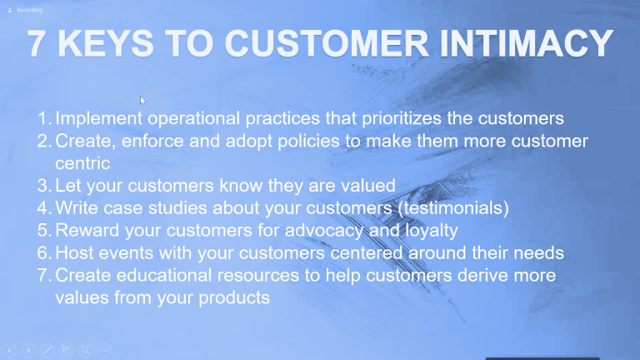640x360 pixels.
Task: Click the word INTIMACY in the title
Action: coord(527,43)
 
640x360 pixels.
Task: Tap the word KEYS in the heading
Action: coord(106,43)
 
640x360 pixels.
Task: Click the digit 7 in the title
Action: coord(36,43)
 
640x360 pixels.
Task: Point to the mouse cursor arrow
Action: coord(142,100)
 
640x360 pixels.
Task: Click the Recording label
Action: coord(29,10)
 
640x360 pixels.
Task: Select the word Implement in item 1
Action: coord(99,119)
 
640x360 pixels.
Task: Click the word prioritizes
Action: coord(402,119)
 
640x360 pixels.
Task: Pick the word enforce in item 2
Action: coord(152,141)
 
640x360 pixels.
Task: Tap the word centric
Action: coord(82,163)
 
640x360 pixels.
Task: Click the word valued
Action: coord(368,186)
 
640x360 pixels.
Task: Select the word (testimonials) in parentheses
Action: coord(453,208)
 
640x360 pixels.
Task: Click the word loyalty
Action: coord(432,231)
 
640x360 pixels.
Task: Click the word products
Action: coord(234,298)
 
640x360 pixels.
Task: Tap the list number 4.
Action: coord(42,208)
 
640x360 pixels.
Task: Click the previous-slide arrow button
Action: coord(10,350)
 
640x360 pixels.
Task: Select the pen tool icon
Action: coord(47,350)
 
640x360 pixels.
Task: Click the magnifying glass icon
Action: coord(85,350)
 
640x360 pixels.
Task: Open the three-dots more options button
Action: coord(104,350)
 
